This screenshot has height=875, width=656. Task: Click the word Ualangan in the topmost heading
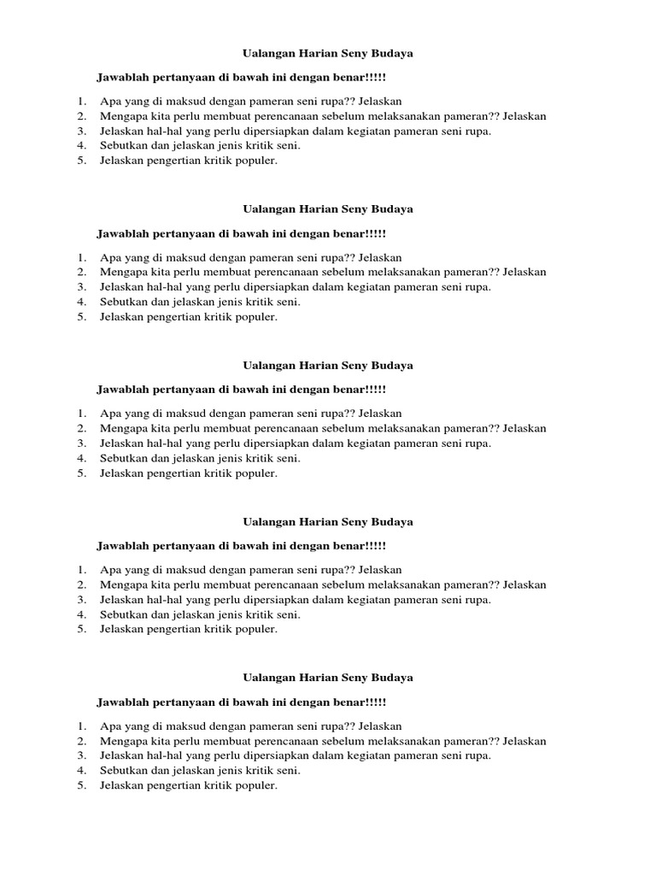coord(266,53)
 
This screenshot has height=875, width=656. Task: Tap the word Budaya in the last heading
coord(393,678)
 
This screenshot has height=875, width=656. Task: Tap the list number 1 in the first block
coord(80,102)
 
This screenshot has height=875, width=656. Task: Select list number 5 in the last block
coord(80,785)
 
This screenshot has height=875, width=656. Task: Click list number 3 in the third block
coord(80,443)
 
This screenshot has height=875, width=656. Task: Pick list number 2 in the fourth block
coord(80,584)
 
